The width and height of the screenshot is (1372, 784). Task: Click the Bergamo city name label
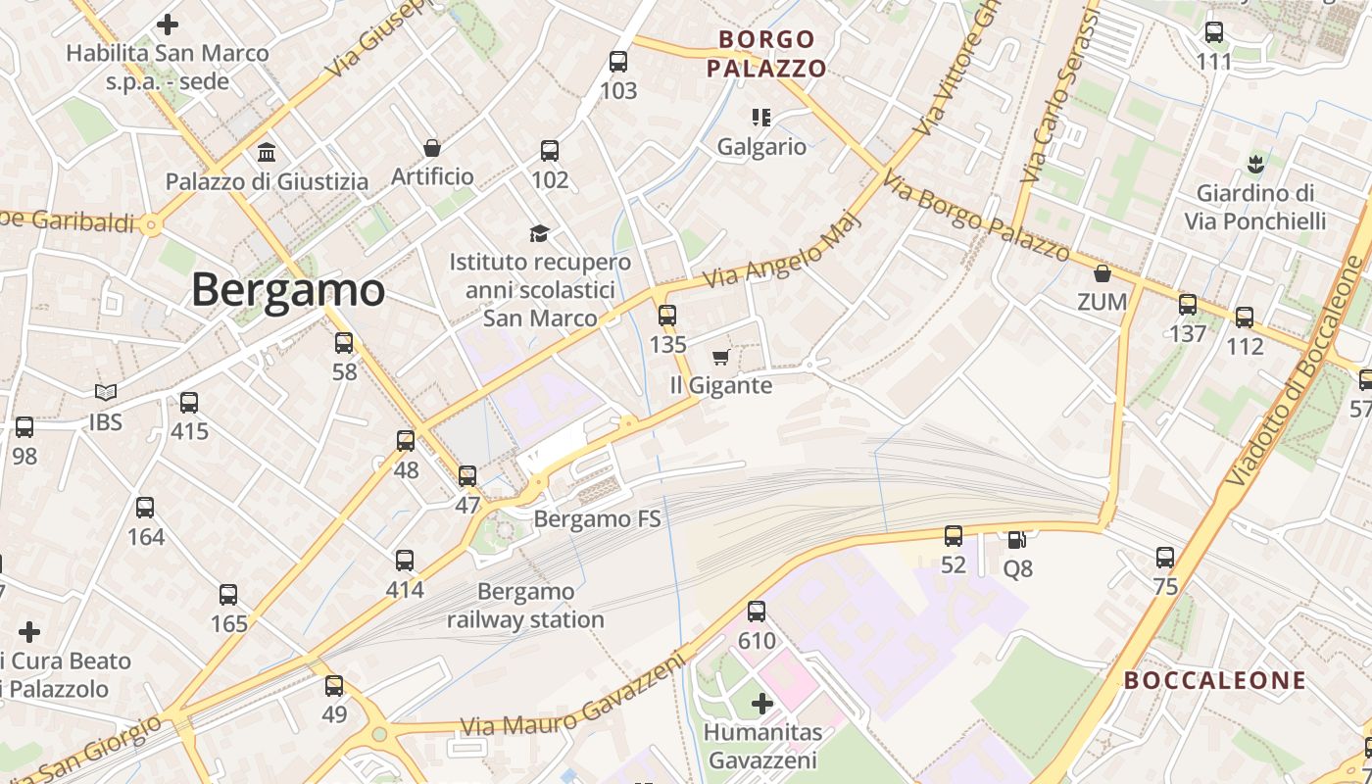[288, 290]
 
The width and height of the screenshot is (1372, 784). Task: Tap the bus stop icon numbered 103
[618, 62]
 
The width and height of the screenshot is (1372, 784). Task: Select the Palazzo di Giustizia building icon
[267, 152]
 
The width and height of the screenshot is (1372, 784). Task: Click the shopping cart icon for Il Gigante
[721, 357]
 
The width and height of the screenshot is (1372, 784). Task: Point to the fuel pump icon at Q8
[1017, 539]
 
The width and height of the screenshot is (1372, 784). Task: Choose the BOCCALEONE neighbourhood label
[1214, 680]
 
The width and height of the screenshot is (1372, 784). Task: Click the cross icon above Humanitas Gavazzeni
[762, 703]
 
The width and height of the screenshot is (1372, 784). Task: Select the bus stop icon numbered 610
[757, 612]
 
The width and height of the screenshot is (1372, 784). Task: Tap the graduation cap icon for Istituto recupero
[539, 233]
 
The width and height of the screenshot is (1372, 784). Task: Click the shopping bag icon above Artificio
[432, 148]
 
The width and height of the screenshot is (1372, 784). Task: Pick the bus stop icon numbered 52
[954, 536]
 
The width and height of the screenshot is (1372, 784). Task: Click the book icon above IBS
[106, 393]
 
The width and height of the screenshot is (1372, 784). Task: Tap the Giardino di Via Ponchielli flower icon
[1254, 163]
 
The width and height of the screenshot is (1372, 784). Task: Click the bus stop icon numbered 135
[667, 316]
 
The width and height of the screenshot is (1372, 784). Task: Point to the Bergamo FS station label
[598, 518]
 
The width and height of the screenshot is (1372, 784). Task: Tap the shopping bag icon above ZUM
[1102, 272]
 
